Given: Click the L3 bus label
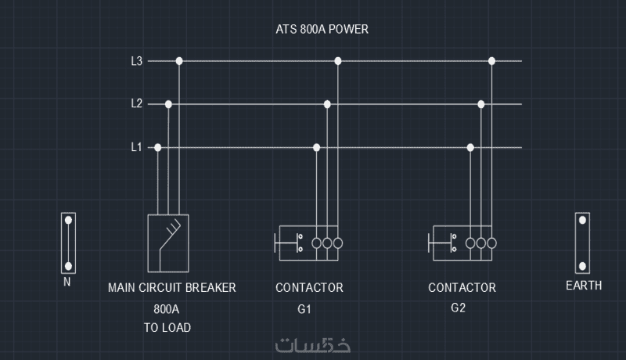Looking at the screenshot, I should (136, 61).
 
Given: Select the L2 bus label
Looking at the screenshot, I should (136, 103).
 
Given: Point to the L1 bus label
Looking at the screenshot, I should (136, 147).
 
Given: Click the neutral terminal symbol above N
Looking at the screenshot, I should (68, 243).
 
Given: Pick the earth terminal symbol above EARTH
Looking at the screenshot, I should (583, 243).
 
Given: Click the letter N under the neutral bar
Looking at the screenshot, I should (67, 282).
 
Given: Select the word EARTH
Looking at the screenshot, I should (584, 286).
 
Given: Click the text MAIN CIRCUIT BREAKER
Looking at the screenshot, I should (172, 288).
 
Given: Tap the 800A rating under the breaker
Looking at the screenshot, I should (167, 308).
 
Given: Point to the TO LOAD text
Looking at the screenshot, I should (167, 328).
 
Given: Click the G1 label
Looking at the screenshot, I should (304, 309).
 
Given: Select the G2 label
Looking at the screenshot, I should (459, 308).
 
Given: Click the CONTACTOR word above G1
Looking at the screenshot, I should (309, 288).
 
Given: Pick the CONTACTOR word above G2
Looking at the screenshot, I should (462, 288).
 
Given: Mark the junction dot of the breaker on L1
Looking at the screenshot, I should (158, 147).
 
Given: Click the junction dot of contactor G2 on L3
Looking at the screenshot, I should (491, 61).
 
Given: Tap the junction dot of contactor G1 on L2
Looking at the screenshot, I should (327, 103).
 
